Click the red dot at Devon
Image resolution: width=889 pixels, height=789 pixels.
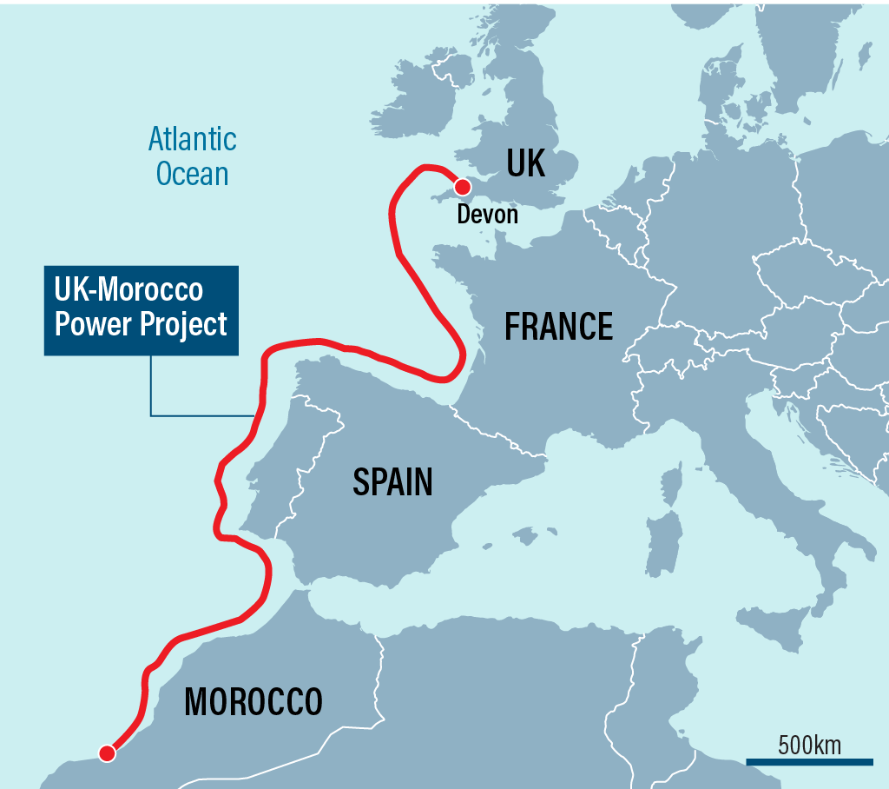point(462,187)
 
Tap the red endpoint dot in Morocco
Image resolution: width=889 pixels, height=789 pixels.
point(107,753)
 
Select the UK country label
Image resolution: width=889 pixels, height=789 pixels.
point(525,162)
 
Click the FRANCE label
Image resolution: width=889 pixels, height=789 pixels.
point(559,327)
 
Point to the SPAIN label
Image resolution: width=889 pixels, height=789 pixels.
point(392,481)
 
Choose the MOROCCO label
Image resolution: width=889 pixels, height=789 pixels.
point(254,701)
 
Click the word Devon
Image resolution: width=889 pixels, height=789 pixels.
point(487,214)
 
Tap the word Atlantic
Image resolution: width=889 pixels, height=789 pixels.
point(192,139)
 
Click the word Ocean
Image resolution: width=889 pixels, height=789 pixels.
point(192,174)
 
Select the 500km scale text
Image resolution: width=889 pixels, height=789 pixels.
point(809,745)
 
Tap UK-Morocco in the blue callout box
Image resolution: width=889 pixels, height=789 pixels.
point(128,290)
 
